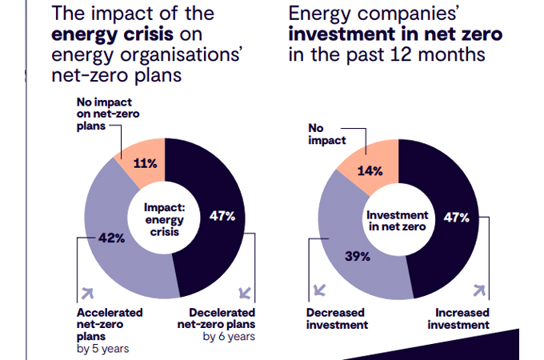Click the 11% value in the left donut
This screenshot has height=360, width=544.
click(145, 163)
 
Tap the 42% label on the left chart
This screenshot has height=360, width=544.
click(112, 238)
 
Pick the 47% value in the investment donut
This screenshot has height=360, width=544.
click(456, 217)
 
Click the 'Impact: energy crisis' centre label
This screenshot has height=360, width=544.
click(164, 218)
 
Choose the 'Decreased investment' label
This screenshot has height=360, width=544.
click(337, 318)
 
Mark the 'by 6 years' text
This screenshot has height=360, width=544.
click(228, 336)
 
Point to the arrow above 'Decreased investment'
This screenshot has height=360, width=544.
click(321, 290)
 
